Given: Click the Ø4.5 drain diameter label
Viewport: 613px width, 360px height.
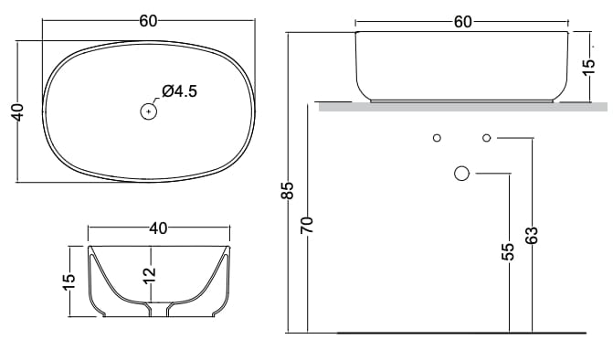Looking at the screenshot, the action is pyautogui.click(x=180, y=91).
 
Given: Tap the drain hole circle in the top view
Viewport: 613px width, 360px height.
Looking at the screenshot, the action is pyautogui.click(x=149, y=111).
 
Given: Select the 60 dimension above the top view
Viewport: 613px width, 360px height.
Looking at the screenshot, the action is pyautogui.click(x=148, y=21).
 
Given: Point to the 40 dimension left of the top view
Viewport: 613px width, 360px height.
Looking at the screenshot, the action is pyautogui.click(x=18, y=112).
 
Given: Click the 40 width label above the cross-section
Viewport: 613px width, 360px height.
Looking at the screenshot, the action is pyautogui.click(x=158, y=228).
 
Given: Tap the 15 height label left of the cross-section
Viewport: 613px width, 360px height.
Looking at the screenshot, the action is pyautogui.click(x=68, y=281).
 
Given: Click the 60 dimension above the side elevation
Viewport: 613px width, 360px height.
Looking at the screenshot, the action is pyautogui.click(x=463, y=22).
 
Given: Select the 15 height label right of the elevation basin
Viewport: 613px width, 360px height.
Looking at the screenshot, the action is pyautogui.click(x=588, y=68).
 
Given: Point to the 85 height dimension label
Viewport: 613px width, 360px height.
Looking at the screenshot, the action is pyautogui.click(x=287, y=190).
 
